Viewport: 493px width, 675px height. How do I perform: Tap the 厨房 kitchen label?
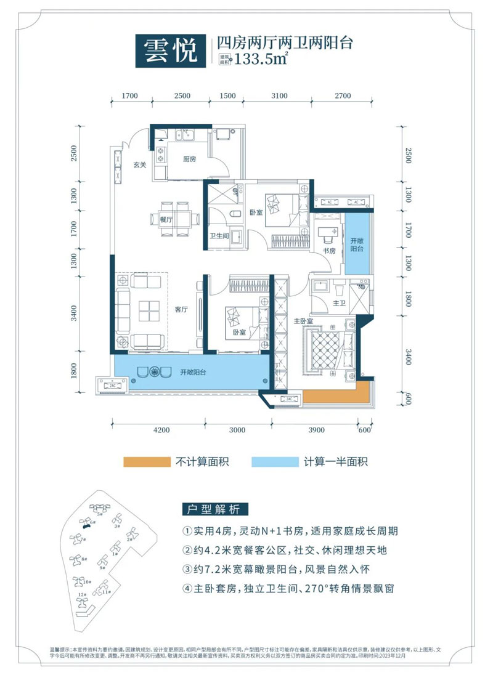tap(189, 158)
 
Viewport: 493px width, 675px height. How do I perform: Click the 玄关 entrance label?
tap(139, 164)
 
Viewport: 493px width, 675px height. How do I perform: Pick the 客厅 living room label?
tap(181, 310)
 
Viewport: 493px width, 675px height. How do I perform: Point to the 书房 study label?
tap(330, 251)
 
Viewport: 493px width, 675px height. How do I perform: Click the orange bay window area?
tap(336, 396)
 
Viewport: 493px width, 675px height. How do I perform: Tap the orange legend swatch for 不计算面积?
tap(147, 462)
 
